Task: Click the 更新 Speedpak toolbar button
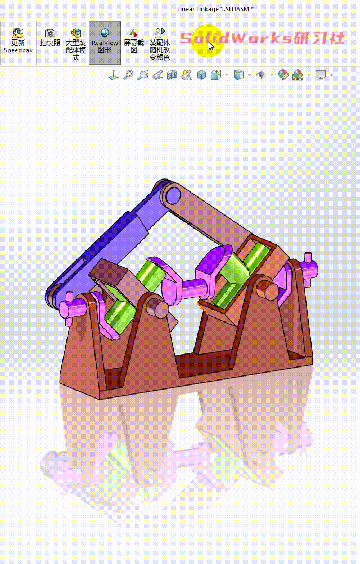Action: pyautogui.click(x=19, y=41)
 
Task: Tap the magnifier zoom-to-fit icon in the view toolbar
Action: pyautogui.click(x=128, y=75)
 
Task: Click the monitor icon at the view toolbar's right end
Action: pyautogui.click(x=321, y=75)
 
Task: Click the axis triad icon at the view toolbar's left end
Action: pyautogui.click(x=113, y=75)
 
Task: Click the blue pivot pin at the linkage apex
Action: pyautogui.click(x=173, y=195)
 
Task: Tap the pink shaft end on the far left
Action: pyautogui.click(x=69, y=308)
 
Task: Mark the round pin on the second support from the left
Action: pyautogui.click(x=159, y=309)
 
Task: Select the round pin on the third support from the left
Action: pyautogui.click(x=271, y=290)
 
